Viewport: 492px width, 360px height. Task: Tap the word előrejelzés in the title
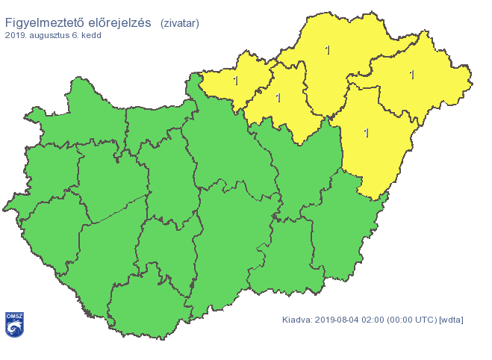[x=122, y=22]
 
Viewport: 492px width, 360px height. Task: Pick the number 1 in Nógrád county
[x=236, y=80]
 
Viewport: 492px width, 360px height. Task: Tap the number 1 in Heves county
[x=278, y=97]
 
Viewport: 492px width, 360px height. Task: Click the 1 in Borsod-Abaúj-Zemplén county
[x=327, y=50]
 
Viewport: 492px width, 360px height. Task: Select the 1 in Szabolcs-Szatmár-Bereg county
[x=412, y=75]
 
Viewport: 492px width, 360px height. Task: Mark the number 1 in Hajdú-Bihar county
[x=366, y=133]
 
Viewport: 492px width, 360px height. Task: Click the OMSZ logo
[x=14, y=324]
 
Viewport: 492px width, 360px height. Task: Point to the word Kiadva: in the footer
[x=297, y=320]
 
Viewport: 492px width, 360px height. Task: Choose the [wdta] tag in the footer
[x=452, y=320]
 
